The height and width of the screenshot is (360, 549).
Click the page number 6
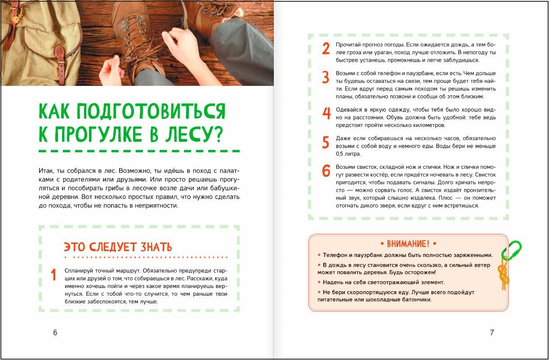click(x=55, y=333)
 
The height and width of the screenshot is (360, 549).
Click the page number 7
click(x=492, y=333)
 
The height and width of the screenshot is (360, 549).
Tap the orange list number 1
click(x=54, y=275)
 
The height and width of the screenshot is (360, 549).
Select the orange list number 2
click(x=326, y=49)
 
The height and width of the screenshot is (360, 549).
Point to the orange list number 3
click(x=326, y=77)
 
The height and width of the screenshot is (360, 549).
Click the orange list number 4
click(x=326, y=113)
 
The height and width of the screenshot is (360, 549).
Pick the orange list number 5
click(x=326, y=142)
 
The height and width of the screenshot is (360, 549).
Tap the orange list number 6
click(x=326, y=171)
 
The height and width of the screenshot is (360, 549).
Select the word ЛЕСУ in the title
click(x=186, y=134)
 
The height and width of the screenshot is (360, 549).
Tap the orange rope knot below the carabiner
click(x=504, y=276)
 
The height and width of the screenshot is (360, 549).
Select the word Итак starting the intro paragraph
click(x=47, y=172)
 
